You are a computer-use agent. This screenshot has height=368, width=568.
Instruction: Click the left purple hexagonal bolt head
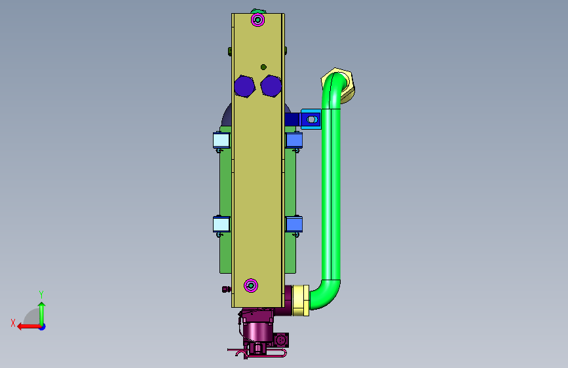click(x=244, y=86)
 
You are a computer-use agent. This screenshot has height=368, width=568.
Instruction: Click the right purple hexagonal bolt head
click(x=271, y=86)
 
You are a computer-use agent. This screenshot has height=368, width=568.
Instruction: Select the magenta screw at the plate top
click(x=257, y=20)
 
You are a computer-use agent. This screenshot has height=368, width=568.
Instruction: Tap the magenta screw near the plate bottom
click(x=251, y=285)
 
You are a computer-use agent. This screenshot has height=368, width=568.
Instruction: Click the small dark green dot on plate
click(x=263, y=67)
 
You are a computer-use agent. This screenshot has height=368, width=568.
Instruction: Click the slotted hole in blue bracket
click(x=312, y=119)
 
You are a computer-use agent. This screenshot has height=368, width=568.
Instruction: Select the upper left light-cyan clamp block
click(x=221, y=140)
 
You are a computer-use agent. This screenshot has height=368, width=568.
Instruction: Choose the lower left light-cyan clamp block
click(x=221, y=224)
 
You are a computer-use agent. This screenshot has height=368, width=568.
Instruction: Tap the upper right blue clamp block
click(x=293, y=140)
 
